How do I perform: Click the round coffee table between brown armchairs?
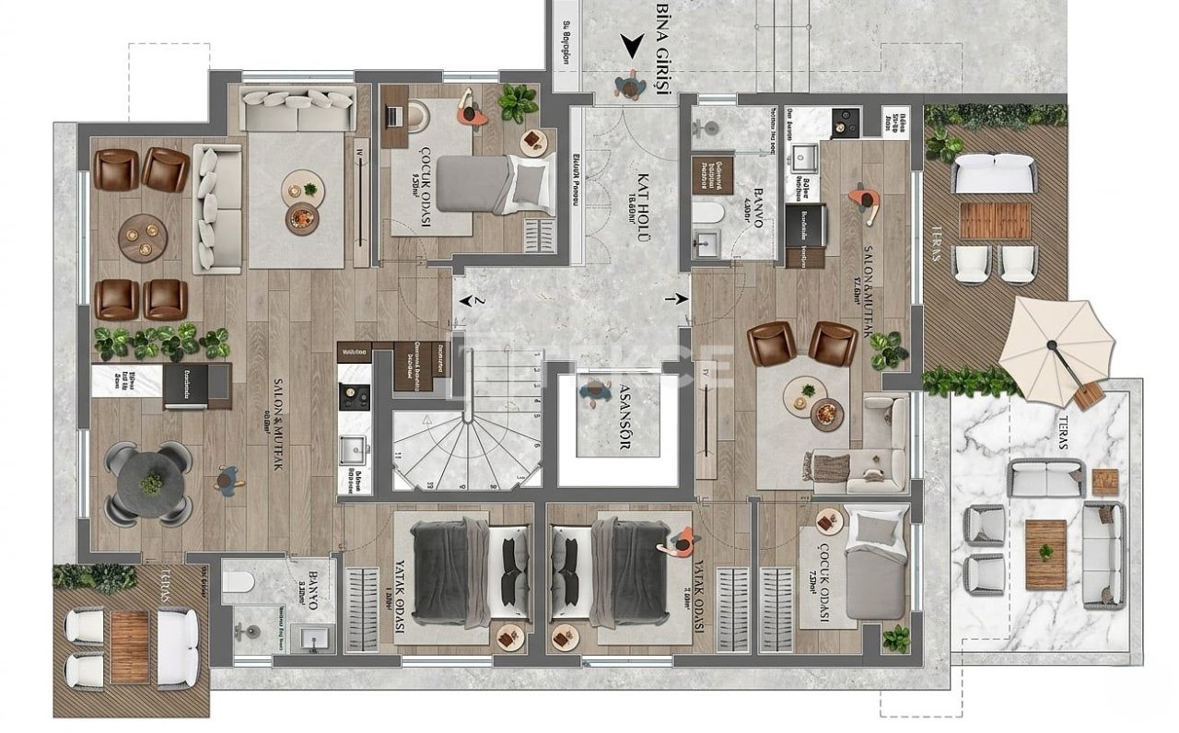point(143,236)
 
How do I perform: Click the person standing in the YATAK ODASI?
point(679,542)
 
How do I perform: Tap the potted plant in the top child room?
point(518,102)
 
